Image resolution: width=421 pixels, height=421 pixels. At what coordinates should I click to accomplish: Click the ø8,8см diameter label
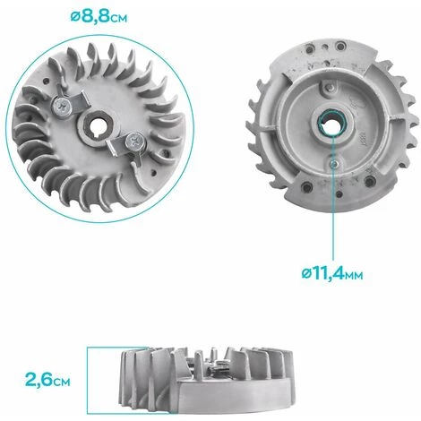99,16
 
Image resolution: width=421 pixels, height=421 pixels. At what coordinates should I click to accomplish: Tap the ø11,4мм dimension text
332,273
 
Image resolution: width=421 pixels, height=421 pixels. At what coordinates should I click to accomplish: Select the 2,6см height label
47,380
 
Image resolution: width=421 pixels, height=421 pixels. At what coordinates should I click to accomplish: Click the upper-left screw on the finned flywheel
61,107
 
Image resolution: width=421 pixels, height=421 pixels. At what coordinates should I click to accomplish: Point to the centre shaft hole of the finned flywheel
98,125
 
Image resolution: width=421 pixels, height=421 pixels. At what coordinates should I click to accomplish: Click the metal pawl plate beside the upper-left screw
79,99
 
